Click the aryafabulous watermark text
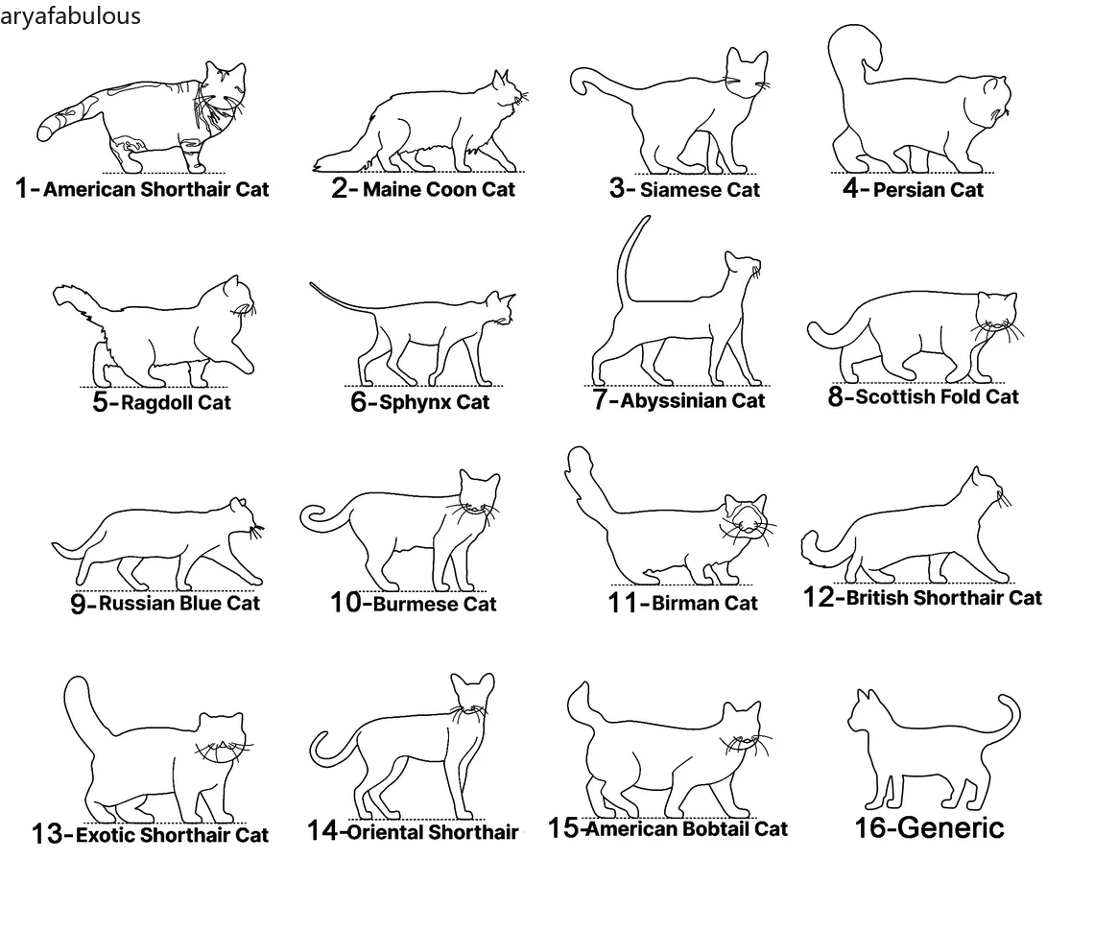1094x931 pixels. [x=70, y=15]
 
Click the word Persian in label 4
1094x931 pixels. [x=904, y=190]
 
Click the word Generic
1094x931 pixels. [x=951, y=828]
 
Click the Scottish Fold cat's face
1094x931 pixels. [x=995, y=313]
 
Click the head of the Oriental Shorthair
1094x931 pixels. [x=471, y=694]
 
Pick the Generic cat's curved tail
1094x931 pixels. [x=1004, y=719]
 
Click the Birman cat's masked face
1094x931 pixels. [x=745, y=516]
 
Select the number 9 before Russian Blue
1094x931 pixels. [x=78, y=604]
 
